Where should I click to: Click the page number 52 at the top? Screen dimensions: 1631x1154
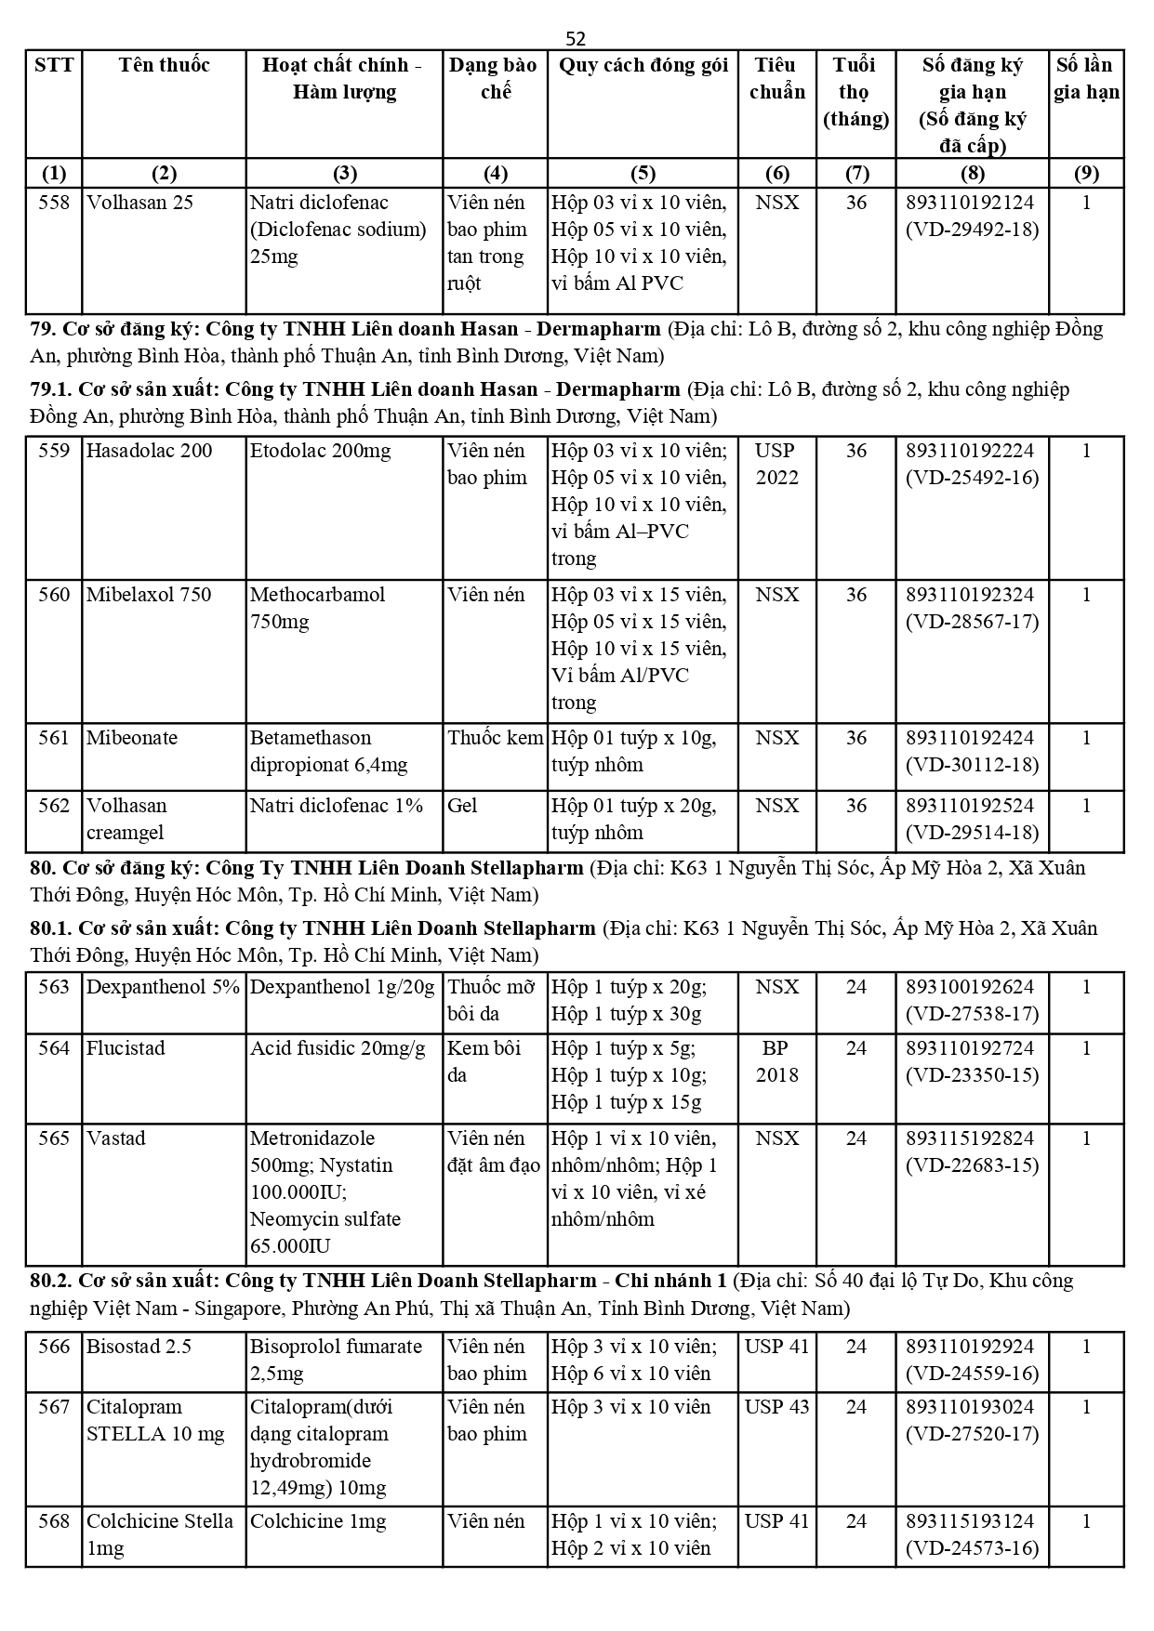(576, 38)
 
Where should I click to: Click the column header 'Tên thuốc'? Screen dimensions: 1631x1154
(164, 65)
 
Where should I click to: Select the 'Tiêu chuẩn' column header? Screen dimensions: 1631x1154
(776, 78)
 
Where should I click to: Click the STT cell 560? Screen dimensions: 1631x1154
(54, 595)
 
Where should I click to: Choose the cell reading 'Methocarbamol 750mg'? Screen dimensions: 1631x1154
(317, 608)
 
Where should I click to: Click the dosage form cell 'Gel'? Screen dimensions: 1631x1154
(462, 806)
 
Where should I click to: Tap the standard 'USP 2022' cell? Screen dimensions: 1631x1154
(776, 465)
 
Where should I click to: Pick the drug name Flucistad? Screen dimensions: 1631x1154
(126, 1048)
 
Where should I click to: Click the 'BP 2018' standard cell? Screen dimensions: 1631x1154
(776, 1061)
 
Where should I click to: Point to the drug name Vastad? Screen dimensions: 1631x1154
(116, 1138)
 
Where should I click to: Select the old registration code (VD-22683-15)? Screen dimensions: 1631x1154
(972, 1165)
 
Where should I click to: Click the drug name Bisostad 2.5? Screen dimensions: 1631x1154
(139, 1347)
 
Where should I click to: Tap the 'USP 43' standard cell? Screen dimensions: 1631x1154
(776, 1407)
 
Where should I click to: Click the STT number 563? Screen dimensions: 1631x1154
(54, 987)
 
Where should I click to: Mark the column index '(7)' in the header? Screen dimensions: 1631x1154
(856, 173)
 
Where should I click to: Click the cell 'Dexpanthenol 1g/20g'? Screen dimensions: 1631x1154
(342, 987)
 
